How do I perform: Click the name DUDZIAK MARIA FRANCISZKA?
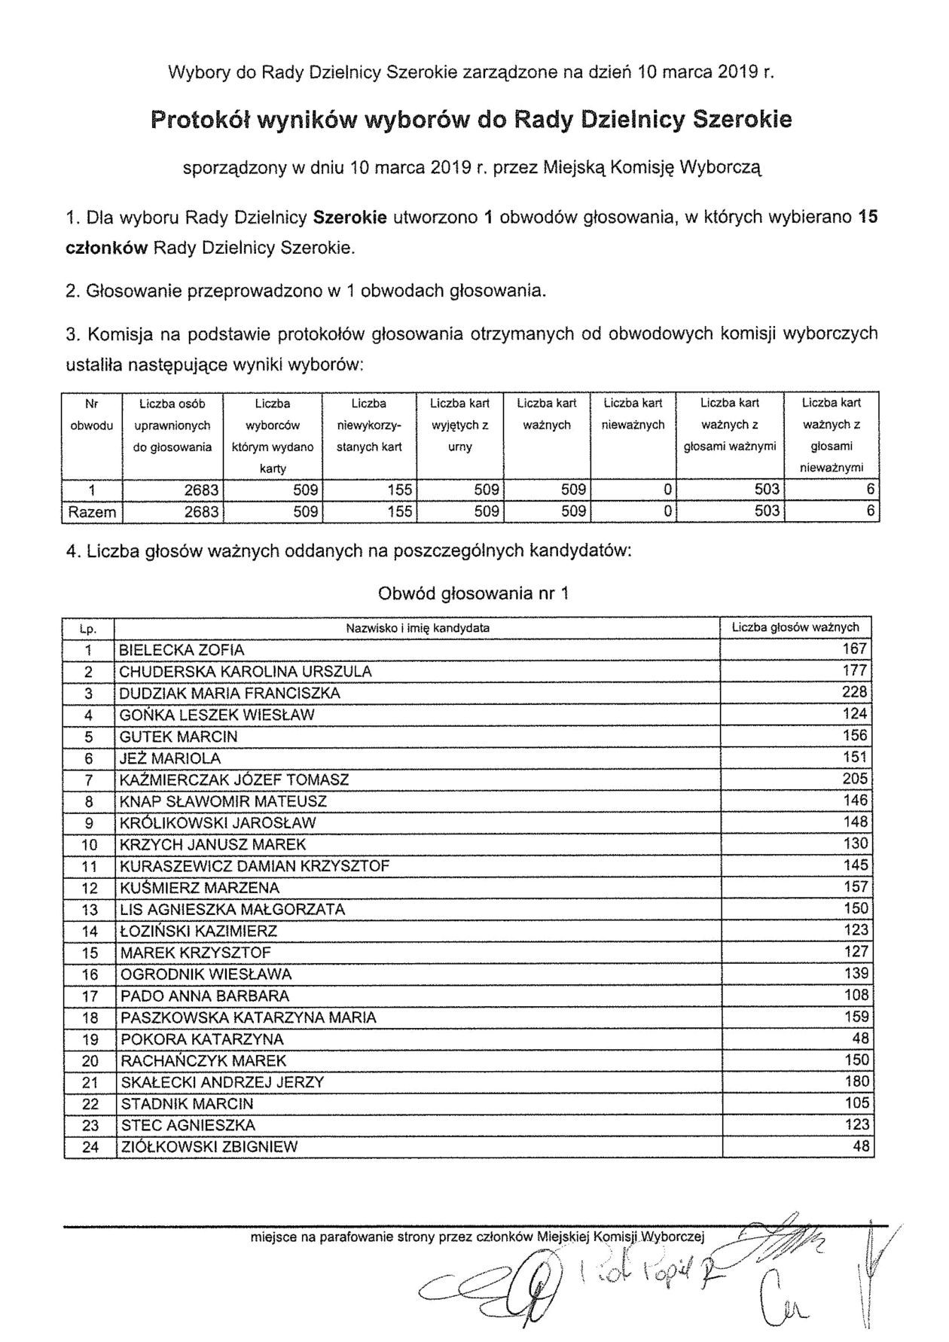tap(230, 693)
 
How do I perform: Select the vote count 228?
tap(856, 692)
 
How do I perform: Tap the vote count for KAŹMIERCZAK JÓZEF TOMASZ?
tap(856, 779)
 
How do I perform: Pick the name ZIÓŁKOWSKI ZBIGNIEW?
tap(209, 1147)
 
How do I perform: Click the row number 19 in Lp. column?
tap(90, 1039)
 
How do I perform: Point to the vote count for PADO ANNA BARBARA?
tap(856, 995)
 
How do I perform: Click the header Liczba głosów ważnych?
tap(795, 627)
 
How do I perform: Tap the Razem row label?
tap(91, 512)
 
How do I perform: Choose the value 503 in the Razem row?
tap(767, 512)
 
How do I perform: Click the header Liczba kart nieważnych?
tap(633, 414)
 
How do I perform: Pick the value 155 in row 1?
tap(400, 490)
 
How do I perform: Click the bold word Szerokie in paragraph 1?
tap(349, 218)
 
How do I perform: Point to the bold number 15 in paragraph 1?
tap(868, 218)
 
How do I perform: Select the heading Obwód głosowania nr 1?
tap(473, 593)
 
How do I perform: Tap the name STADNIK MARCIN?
tap(187, 1104)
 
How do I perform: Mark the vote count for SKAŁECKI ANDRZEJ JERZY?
tap(856, 1081)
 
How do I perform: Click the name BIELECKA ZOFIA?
tap(182, 650)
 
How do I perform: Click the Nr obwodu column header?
tap(91, 414)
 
